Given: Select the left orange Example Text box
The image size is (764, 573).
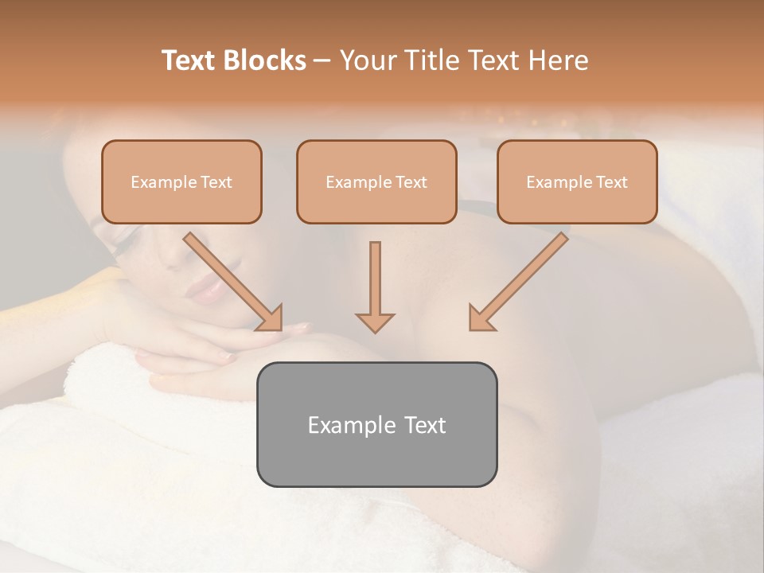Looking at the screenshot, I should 181,181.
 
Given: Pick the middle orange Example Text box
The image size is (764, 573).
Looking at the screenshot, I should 376,181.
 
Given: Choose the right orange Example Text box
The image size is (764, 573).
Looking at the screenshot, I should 577,181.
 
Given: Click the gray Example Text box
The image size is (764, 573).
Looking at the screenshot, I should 376,424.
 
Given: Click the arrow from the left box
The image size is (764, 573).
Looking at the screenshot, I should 235,283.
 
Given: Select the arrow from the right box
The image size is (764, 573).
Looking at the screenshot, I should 517,283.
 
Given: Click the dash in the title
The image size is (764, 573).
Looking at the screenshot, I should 322,60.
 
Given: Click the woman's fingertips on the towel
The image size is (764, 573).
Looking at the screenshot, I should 298,327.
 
